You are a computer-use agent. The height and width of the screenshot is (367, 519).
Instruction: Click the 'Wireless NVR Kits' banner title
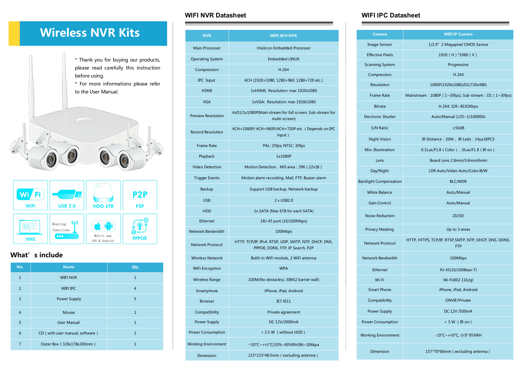(x=90, y=33)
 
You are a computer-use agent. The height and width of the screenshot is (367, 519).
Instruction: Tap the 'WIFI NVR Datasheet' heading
(x=215, y=15)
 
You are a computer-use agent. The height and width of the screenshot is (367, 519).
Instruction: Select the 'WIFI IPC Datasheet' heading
(x=391, y=15)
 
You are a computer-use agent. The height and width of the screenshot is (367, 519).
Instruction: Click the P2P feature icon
(x=140, y=195)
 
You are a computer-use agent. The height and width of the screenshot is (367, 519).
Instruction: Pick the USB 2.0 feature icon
(x=67, y=195)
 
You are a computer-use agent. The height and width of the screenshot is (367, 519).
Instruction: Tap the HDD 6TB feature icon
(x=103, y=195)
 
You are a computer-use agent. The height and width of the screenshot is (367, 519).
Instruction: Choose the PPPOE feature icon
(x=140, y=229)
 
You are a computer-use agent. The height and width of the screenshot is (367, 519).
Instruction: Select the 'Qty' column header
(x=135, y=267)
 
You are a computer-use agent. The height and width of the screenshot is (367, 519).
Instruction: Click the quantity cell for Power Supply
(x=135, y=299)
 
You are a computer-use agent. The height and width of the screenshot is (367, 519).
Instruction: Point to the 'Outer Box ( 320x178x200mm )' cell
(x=68, y=344)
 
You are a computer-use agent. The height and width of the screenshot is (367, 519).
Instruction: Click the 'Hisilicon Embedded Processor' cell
(x=284, y=48)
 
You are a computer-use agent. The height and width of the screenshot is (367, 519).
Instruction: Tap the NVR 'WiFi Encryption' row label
(x=207, y=269)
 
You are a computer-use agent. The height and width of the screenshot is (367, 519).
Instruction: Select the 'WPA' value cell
(x=284, y=269)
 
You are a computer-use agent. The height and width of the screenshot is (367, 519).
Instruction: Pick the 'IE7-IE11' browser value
(x=284, y=301)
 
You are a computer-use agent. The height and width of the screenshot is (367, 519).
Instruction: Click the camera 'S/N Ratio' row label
(x=380, y=128)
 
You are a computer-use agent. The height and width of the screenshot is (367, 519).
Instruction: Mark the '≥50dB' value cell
(x=458, y=128)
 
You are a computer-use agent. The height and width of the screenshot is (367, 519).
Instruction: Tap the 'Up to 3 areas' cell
(x=458, y=229)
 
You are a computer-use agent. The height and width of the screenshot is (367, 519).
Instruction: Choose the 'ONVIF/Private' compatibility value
(x=458, y=300)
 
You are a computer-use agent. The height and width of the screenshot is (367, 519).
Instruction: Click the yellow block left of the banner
(x=14, y=33)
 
